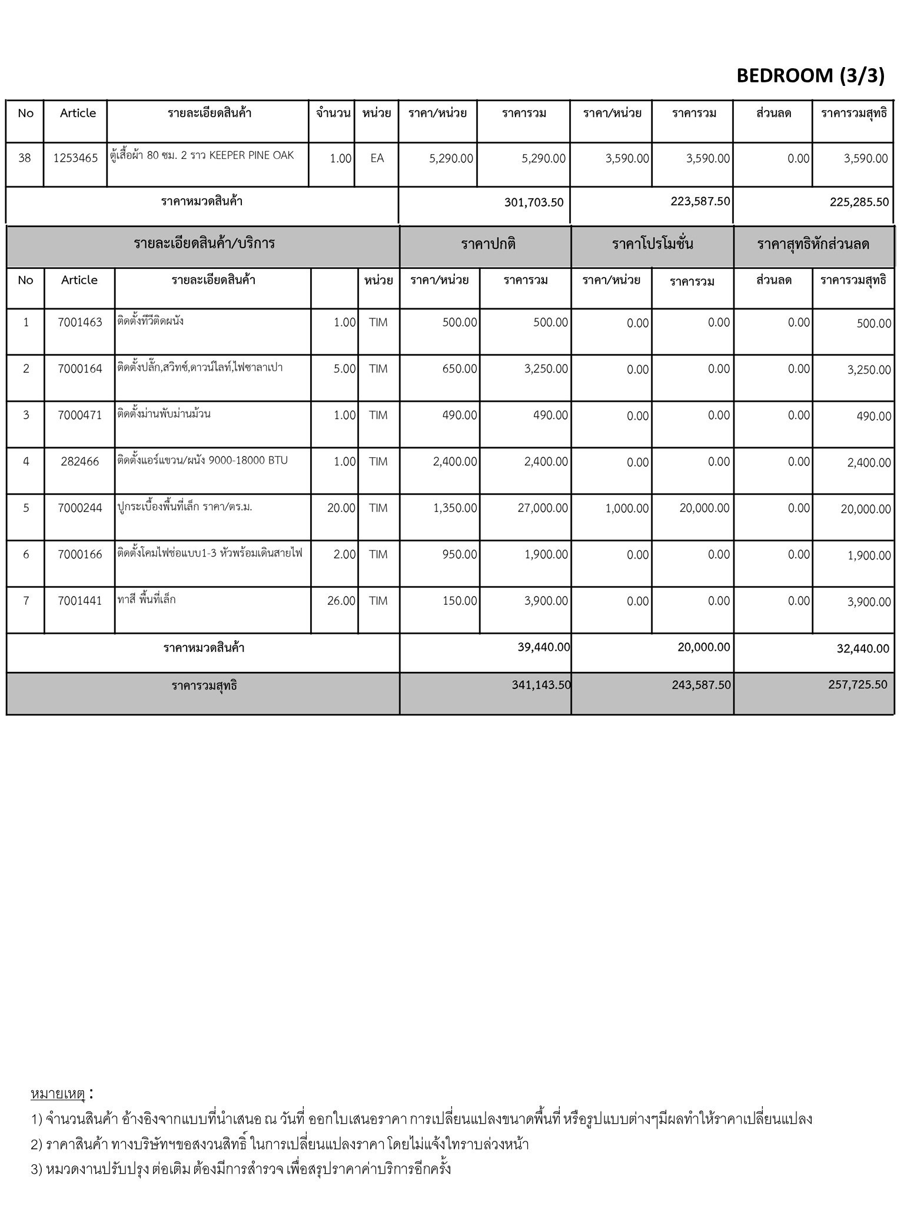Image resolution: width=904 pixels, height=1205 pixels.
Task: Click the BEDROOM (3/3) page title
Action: pyautogui.click(x=810, y=76)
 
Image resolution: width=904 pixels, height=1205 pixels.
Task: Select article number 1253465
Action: pyautogui.click(x=75, y=158)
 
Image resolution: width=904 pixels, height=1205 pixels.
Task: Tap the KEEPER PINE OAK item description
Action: pyautogui.click(x=202, y=156)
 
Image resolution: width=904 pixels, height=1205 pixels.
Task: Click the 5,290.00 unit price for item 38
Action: pyautogui.click(x=451, y=158)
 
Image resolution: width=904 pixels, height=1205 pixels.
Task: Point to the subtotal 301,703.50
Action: pyautogui.click(x=533, y=202)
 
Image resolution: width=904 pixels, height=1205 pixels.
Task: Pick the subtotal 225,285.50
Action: pyautogui.click(x=859, y=202)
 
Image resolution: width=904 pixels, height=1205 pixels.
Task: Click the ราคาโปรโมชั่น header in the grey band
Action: pyautogui.click(x=652, y=244)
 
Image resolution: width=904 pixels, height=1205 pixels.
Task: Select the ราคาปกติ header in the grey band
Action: pyautogui.click(x=488, y=244)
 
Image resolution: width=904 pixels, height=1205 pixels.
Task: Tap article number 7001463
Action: pyautogui.click(x=80, y=322)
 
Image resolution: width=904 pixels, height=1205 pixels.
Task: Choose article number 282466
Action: pyautogui.click(x=80, y=462)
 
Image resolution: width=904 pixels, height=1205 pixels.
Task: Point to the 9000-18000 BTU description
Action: pyautogui.click(x=202, y=461)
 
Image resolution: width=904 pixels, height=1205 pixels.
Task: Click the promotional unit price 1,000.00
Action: pyautogui.click(x=627, y=508)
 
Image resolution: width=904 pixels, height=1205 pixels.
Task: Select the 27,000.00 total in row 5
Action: pyautogui.click(x=543, y=508)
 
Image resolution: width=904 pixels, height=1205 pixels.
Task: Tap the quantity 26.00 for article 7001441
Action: pyautogui.click(x=341, y=601)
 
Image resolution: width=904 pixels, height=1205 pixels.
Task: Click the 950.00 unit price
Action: pyautogui.click(x=460, y=555)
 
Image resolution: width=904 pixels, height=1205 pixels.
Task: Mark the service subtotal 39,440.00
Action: pyautogui.click(x=544, y=647)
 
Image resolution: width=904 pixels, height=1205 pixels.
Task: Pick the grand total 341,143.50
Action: pyautogui.click(x=541, y=685)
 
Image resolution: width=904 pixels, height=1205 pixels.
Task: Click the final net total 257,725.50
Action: pyautogui.click(x=857, y=685)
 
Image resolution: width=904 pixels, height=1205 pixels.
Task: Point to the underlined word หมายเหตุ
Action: pyautogui.click(x=58, y=1094)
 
